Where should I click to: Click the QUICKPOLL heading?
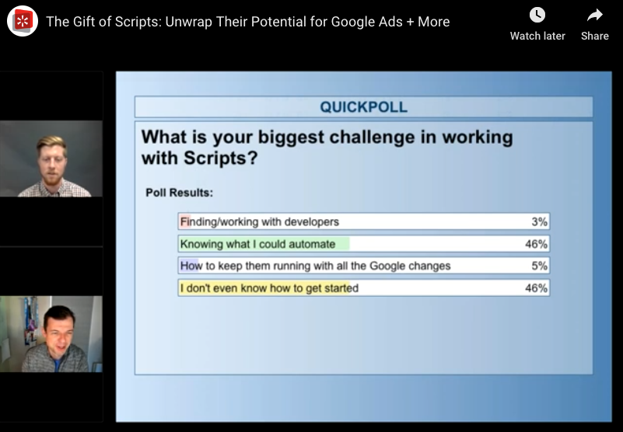pyautogui.click(x=363, y=106)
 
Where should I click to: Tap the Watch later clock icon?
pyautogui.click(x=537, y=16)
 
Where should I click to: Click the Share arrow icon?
pyautogui.click(x=595, y=16)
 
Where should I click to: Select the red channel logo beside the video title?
pyautogui.click(x=23, y=21)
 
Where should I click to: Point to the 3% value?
pyautogui.click(x=539, y=221)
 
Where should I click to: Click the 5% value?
pyautogui.click(x=539, y=266)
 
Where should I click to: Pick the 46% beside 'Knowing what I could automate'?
pyautogui.click(x=536, y=244)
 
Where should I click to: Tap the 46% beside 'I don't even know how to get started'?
pyautogui.click(x=536, y=287)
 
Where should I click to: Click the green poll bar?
pyautogui.click(x=264, y=244)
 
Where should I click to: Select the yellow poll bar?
pyautogui.click(x=264, y=287)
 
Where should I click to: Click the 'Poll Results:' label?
pyautogui.click(x=179, y=193)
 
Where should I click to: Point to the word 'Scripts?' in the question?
pyautogui.click(x=221, y=159)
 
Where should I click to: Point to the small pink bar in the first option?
pyautogui.click(x=185, y=221)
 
